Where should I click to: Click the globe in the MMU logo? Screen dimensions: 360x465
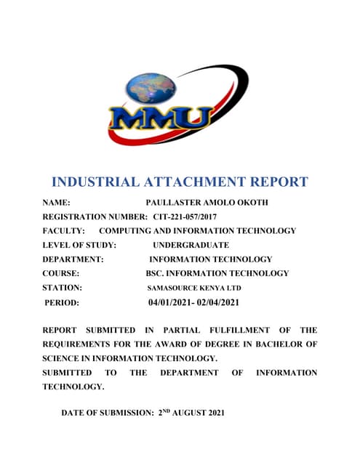click(151, 88)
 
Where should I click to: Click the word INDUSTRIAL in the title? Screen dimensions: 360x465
click(97, 182)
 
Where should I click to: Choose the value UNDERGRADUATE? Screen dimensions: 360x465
click(191, 245)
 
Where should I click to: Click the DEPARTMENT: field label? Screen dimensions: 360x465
click(73, 259)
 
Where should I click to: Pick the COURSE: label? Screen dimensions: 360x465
click(60, 273)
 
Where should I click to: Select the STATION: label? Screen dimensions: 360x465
click(62, 288)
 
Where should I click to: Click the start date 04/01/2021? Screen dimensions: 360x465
click(171, 302)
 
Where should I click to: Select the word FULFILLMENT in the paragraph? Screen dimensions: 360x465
click(233, 330)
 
